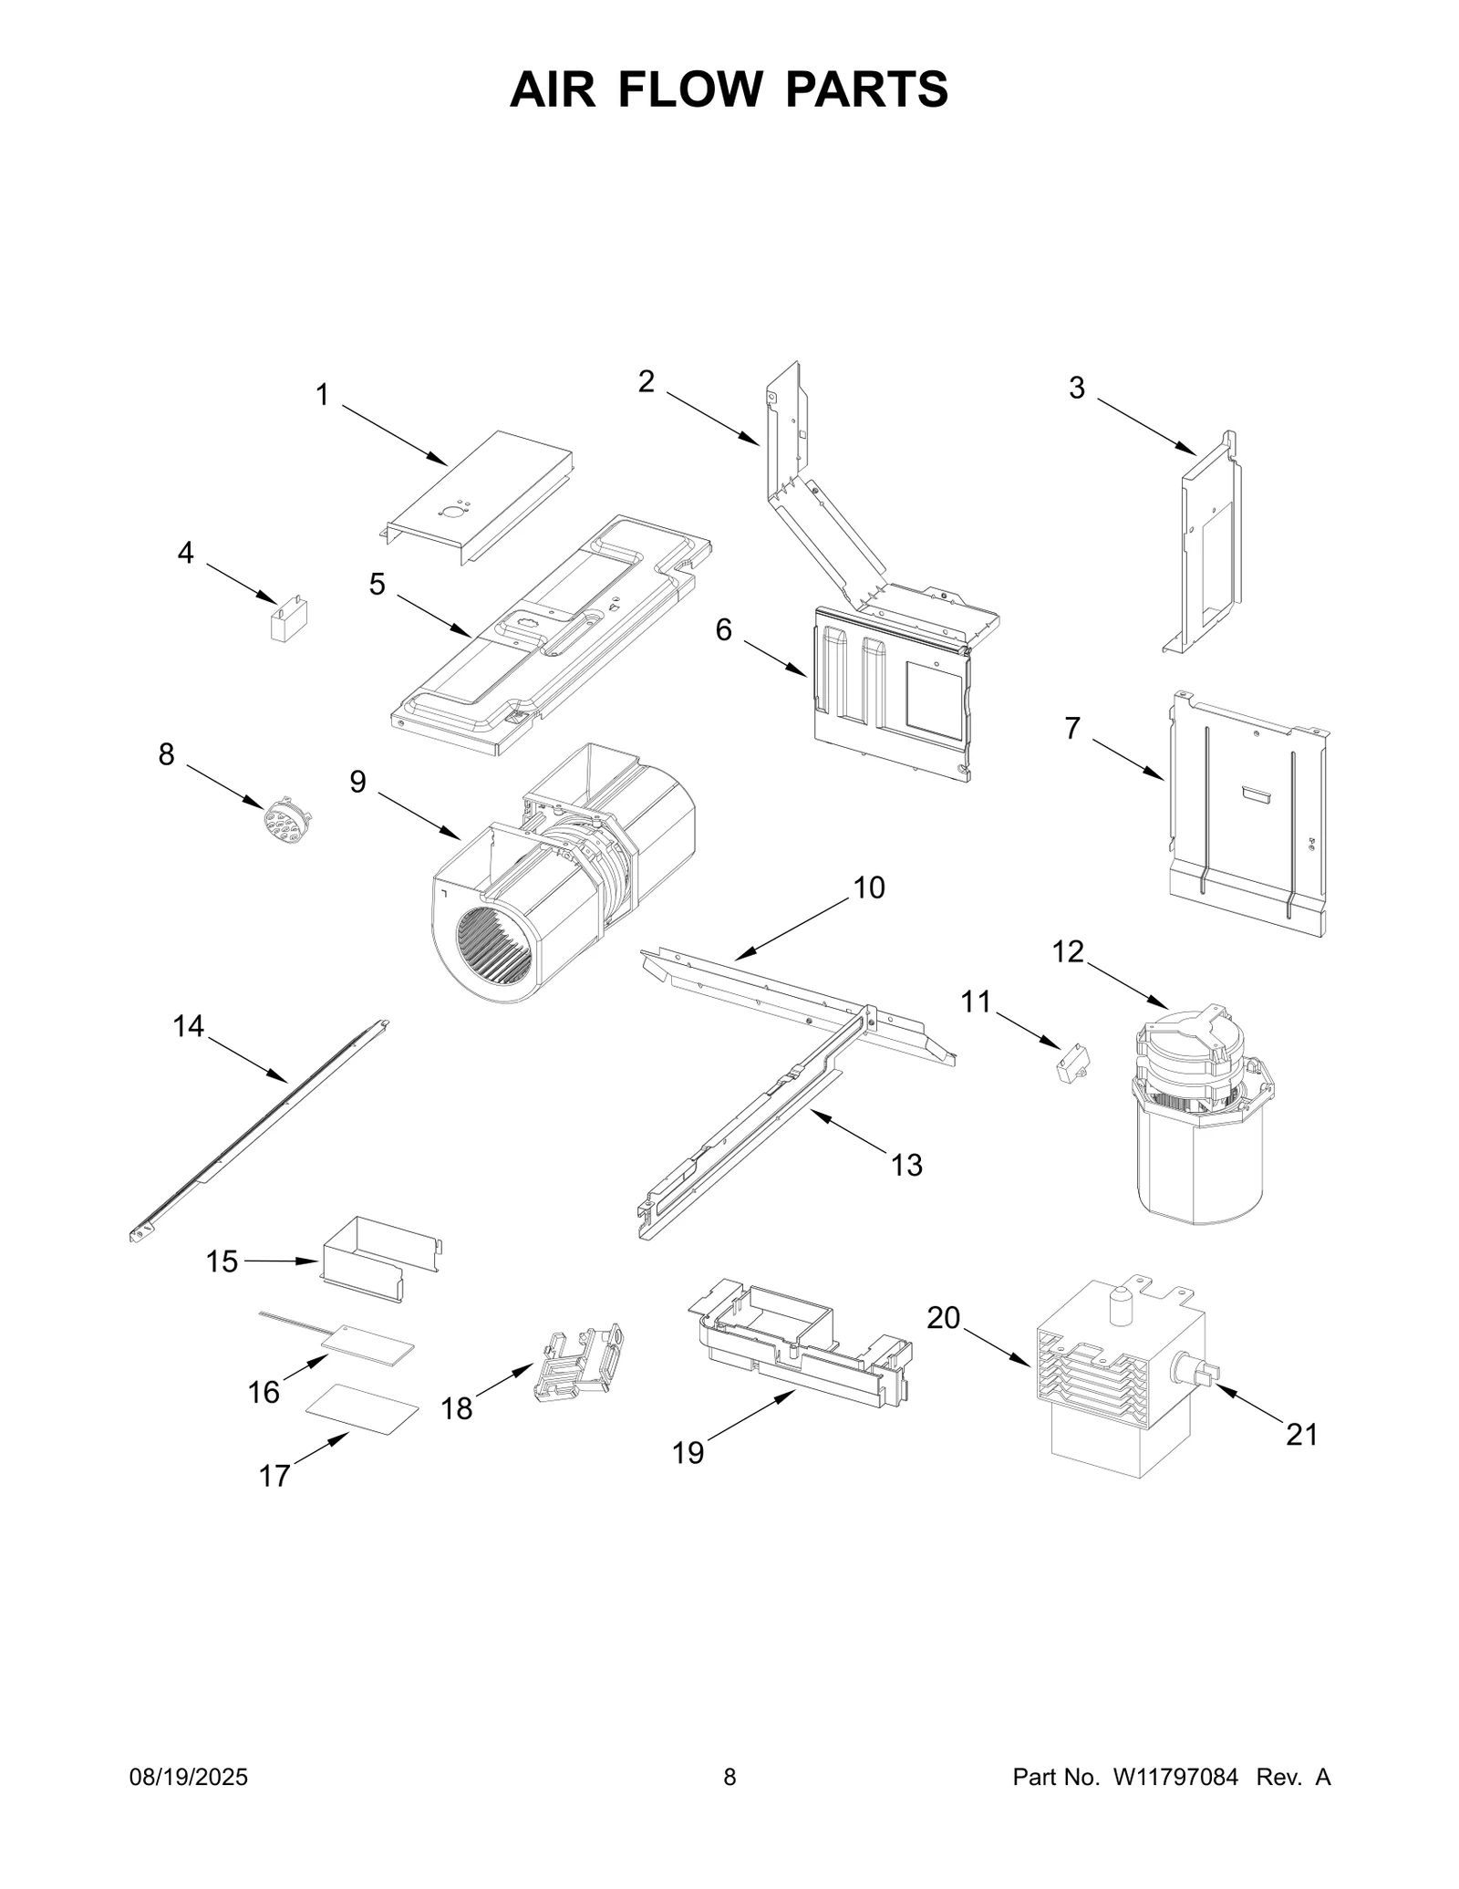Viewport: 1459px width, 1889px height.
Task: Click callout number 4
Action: pos(185,553)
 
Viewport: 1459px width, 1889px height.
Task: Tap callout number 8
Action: pos(166,754)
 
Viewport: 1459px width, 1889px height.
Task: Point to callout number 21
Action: pos(1301,1434)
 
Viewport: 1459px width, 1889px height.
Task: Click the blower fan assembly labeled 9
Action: pos(556,880)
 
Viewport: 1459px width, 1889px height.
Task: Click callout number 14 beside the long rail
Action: pos(189,1026)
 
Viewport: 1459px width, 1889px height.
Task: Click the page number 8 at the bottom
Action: pos(729,1777)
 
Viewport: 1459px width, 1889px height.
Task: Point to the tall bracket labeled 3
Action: pos(1208,547)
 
